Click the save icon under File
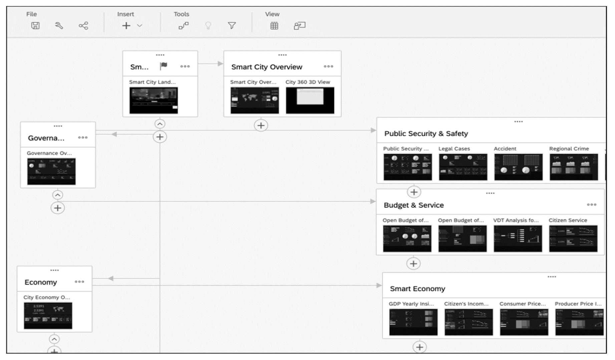click(x=35, y=26)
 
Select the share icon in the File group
click(x=83, y=26)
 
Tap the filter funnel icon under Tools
click(x=232, y=26)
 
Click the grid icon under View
click(x=274, y=26)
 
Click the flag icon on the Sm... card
click(x=164, y=66)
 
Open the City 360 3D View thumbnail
click(x=310, y=101)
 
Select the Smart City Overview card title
click(x=267, y=67)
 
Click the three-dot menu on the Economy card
click(x=79, y=282)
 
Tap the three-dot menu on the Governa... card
click(x=83, y=138)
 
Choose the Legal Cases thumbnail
click(x=463, y=167)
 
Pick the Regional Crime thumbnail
click(x=574, y=167)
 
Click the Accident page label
click(x=505, y=149)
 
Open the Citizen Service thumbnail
click(x=573, y=238)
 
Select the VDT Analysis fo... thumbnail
click(x=518, y=238)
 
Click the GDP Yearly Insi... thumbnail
click(x=413, y=322)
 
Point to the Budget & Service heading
click(x=413, y=205)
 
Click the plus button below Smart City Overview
click(x=261, y=126)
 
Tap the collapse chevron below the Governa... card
click(x=58, y=195)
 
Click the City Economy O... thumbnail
click(x=48, y=316)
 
